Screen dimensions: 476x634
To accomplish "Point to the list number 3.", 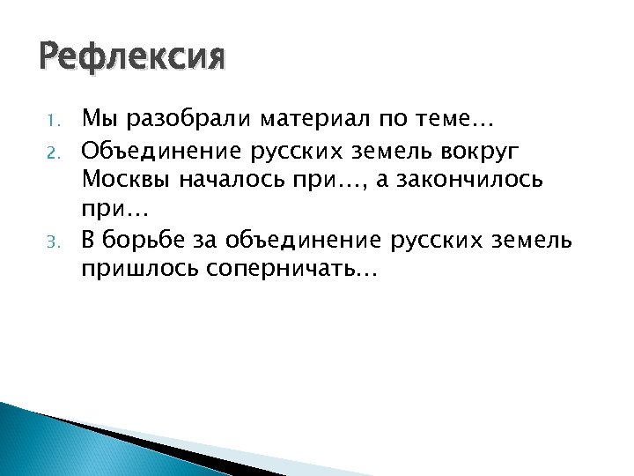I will pos(53,240).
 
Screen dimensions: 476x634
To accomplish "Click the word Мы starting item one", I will pos(95,118).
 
